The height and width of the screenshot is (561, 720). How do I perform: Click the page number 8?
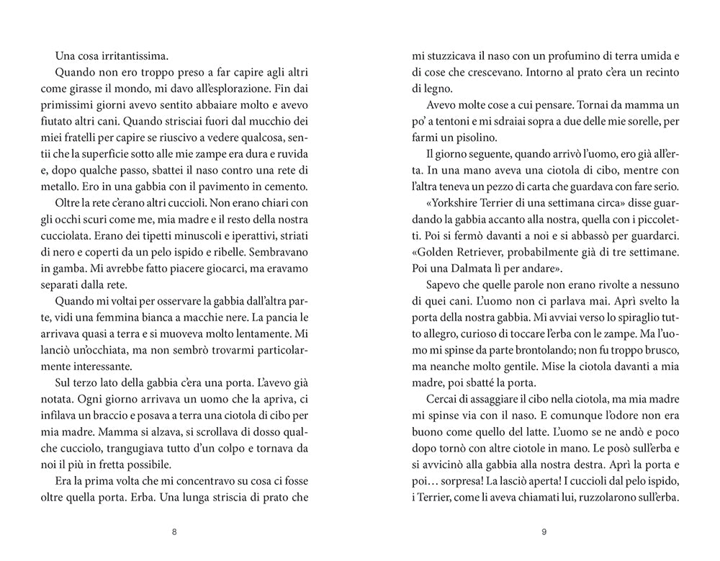click(x=174, y=532)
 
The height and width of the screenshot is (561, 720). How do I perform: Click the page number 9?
click(x=544, y=532)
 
